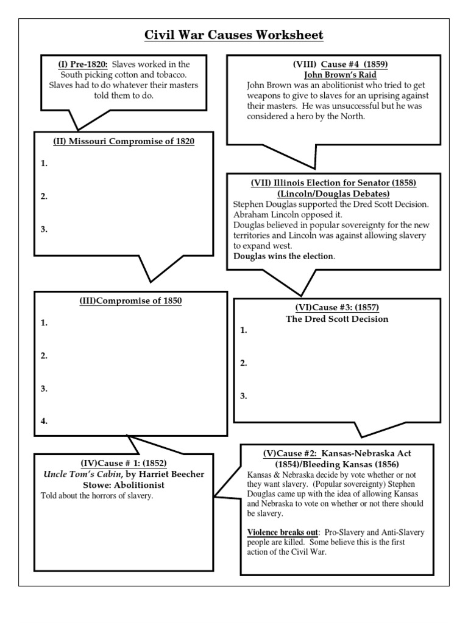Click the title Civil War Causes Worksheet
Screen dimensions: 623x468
point(233,35)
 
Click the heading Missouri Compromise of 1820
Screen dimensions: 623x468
point(124,142)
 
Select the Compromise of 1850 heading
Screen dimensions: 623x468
point(130,301)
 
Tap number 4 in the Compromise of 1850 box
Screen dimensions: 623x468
point(44,421)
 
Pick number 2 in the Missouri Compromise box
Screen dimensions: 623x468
point(44,197)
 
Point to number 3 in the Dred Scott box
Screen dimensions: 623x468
point(244,396)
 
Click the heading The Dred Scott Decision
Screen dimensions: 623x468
point(337,319)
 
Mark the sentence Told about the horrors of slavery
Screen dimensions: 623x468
point(96,496)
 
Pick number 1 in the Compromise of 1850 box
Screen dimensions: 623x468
point(44,323)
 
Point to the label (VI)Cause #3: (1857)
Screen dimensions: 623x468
point(336,308)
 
